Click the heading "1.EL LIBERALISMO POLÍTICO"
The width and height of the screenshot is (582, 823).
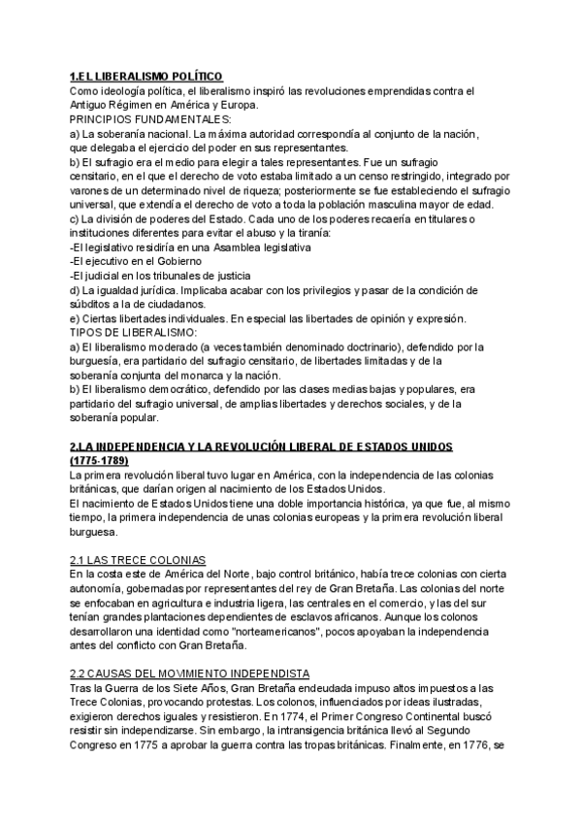coord(146,77)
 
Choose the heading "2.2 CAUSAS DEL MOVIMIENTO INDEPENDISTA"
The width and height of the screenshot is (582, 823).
coord(189,674)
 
